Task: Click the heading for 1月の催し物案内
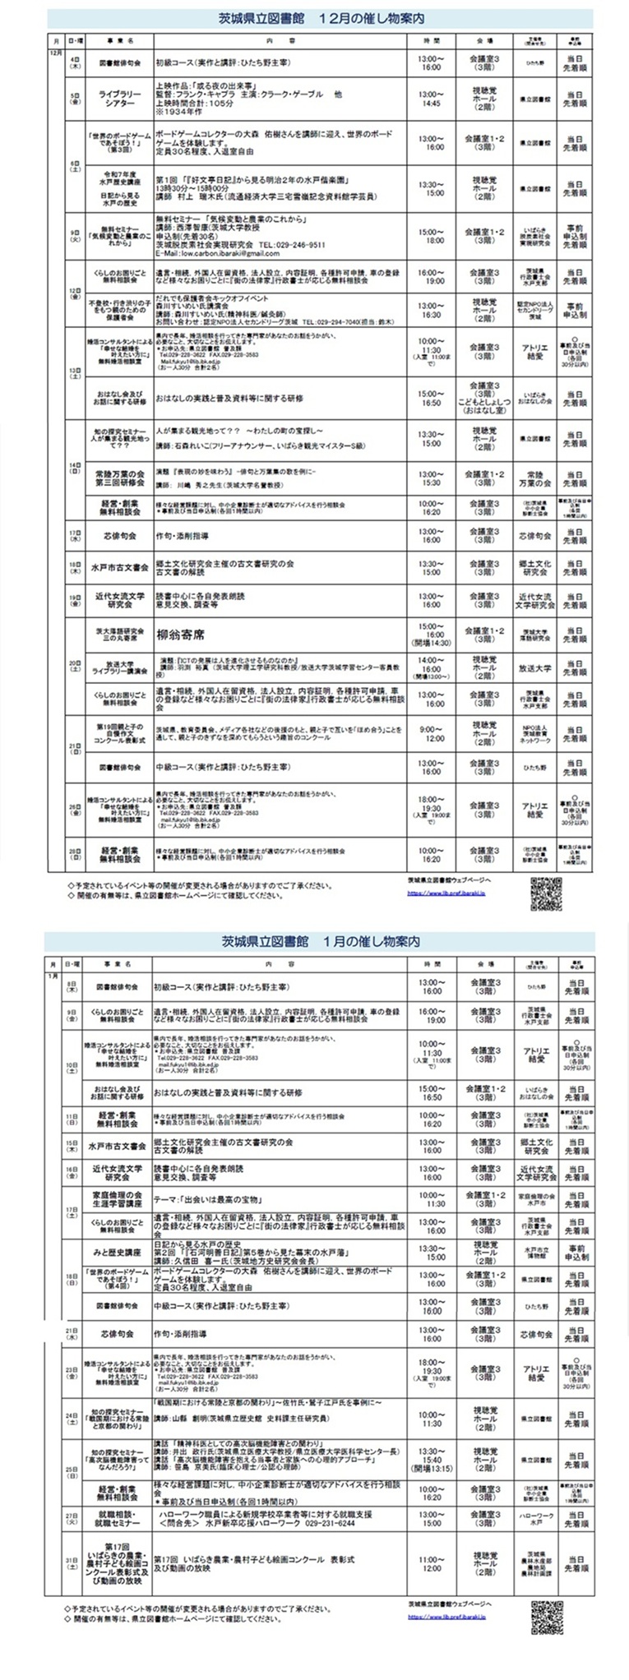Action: coord(320,940)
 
